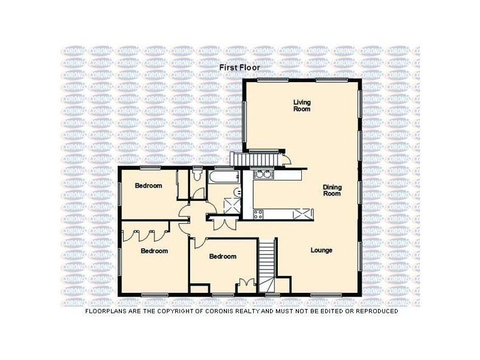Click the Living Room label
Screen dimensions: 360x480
click(302, 106)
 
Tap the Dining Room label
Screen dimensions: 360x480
click(332, 190)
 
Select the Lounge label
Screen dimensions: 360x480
click(322, 250)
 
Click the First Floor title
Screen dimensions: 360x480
click(239, 68)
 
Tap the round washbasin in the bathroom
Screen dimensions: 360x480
click(238, 192)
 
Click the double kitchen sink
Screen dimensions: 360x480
click(263, 175)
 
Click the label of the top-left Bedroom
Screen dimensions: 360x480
click(148, 186)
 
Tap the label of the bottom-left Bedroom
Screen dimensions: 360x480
click(154, 251)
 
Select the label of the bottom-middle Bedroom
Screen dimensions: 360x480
click(223, 256)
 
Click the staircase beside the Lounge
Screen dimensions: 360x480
click(267, 264)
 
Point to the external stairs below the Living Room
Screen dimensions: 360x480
click(255, 159)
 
